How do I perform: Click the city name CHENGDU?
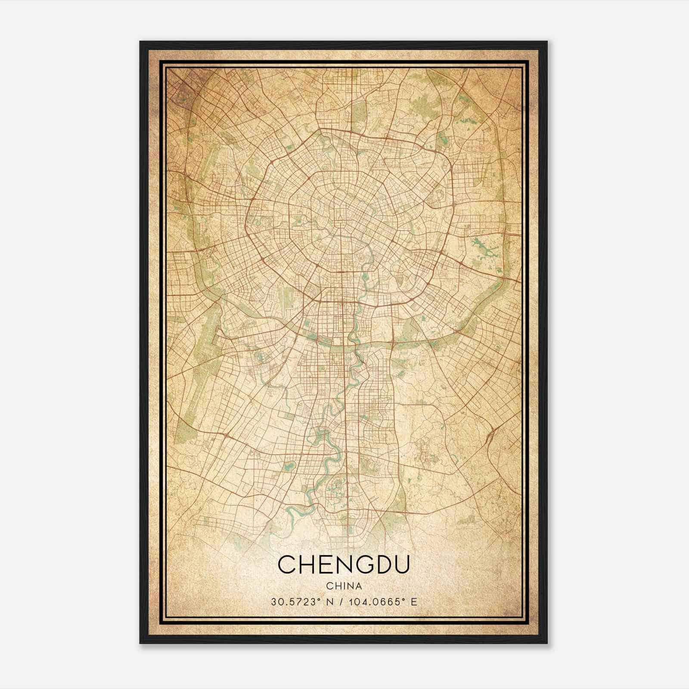(x=344, y=565)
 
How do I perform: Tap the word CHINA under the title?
(x=344, y=586)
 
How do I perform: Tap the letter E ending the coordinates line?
(x=414, y=602)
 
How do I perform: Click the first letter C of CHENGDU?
(x=287, y=565)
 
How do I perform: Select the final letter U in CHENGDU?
(x=400, y=565)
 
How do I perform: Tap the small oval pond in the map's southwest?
(x=289, y=465)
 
